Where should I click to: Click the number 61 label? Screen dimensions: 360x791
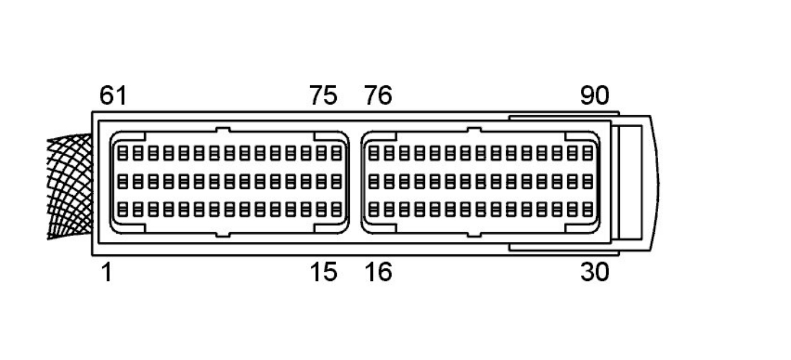point(113,96)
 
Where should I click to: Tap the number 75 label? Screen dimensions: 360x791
point(323,96)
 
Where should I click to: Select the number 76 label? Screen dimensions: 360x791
point(378,96)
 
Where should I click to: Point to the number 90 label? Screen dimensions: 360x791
point(595,96)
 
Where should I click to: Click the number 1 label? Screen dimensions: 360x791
point(106,273)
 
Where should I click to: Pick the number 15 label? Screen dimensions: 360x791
point(323,273)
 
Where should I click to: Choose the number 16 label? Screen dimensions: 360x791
point(378,273)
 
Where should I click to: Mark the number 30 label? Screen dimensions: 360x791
point(595,273)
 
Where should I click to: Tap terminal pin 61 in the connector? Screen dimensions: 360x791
point(123,153)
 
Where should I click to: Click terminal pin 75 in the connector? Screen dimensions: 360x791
point(337,153)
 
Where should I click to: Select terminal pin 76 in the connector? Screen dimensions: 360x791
point(373,153)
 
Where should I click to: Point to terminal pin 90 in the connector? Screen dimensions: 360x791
point(588,153)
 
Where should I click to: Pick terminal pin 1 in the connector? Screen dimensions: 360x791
point(123,210)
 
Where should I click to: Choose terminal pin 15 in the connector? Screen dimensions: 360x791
point(337,210)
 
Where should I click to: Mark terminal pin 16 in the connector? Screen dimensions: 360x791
point(373,210)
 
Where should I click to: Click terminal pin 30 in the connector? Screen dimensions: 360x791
point(588,210)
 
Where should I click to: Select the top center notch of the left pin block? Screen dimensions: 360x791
point(223,130)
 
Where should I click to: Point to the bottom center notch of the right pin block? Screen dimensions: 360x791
point(474,233)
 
